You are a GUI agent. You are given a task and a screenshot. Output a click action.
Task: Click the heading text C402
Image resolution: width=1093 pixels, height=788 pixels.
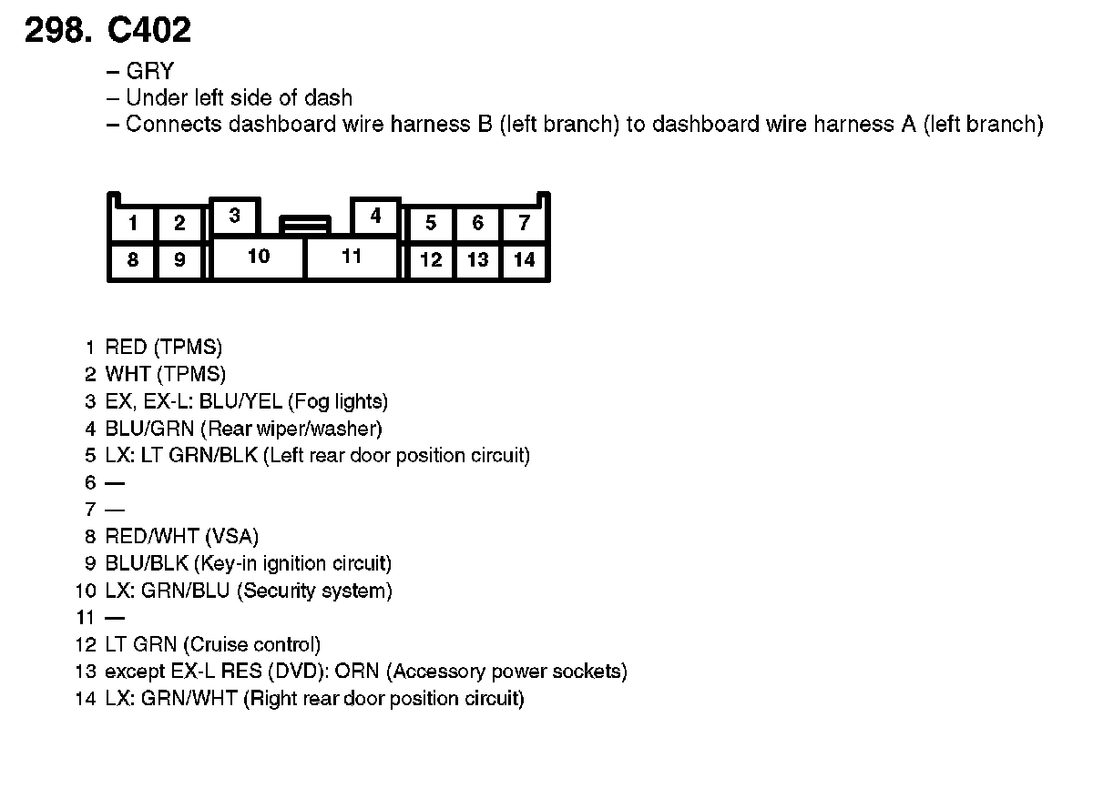tap(149, 32)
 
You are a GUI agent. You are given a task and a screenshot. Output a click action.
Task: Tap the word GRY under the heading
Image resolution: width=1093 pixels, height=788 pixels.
tap(149, 72)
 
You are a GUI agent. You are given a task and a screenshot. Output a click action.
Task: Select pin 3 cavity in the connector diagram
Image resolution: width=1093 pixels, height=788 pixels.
tap(235, 217)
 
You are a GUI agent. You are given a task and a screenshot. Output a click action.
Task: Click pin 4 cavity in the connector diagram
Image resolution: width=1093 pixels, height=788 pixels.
tap(375, 217)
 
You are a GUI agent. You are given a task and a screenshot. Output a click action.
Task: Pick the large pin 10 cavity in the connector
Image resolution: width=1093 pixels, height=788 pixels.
tap(259, 258)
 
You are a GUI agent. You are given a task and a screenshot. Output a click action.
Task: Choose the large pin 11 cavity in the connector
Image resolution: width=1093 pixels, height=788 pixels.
tap(352, 258)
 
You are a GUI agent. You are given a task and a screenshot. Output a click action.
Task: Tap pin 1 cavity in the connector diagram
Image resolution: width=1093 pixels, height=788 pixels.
tap(133, 224)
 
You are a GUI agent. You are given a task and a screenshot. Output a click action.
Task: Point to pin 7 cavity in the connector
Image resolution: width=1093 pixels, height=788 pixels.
tap(524, 224)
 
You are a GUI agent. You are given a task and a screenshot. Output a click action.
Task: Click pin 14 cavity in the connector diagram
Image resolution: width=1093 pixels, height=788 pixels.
tap(524, 260)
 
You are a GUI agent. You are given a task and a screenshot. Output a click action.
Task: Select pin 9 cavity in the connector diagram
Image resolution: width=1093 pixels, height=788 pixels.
tap(179, 261)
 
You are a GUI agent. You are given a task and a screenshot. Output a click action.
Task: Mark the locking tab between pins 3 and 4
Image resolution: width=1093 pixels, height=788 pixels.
tap(305, 224)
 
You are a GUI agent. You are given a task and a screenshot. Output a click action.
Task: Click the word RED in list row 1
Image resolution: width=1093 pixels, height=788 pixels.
tap(127, 347)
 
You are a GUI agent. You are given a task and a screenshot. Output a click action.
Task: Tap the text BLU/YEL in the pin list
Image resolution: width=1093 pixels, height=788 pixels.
tap(232, 401)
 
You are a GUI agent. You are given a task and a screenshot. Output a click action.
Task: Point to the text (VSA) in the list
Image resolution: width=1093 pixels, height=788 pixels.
tap(232, 537)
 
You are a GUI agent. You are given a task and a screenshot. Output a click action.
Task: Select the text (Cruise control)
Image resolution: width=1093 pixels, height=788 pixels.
tap(252, 645)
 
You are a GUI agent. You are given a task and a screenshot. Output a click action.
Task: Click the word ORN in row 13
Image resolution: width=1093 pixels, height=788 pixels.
tap(358, 672)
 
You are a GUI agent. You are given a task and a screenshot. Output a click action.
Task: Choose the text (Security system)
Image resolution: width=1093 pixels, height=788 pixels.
tap(314, 591)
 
